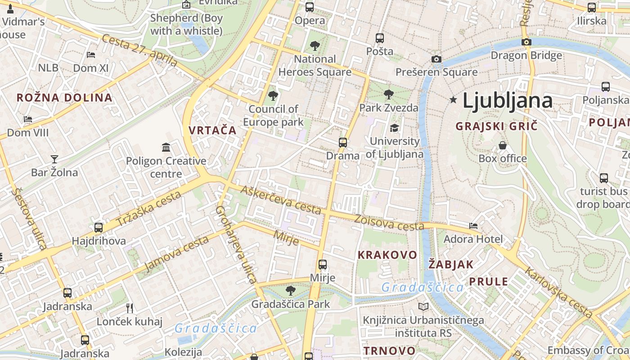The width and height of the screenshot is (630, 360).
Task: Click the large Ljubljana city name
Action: coord(507,100)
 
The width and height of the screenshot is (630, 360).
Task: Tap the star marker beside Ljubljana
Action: coord(453,100)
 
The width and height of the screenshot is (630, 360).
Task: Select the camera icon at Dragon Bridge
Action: coord(526,42)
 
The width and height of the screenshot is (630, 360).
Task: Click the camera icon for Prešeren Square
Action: coord(436,59)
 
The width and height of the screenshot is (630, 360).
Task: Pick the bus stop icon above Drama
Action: coord(343,143)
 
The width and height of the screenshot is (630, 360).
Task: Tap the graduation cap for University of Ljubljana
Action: coord(394,128)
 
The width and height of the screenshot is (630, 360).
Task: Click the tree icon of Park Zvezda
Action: coord(388,94)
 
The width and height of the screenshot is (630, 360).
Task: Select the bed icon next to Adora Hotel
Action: coord(473,226)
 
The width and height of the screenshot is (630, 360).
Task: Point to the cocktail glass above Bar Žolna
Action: coord(54,159)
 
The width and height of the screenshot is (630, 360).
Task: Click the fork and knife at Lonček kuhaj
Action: coord(130,308)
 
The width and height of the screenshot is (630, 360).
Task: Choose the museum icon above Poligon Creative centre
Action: coord(166,148)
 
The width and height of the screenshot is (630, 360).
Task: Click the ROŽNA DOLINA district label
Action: coord(64,98)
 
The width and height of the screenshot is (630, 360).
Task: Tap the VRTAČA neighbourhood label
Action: coord(212,130)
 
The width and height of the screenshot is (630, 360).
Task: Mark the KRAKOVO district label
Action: coord(387,255)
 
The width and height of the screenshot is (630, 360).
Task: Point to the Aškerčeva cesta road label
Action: coord(281,199)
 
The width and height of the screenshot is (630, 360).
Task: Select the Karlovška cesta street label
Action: coord(558,292)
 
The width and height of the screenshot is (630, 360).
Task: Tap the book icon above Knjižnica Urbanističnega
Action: coord(423,307)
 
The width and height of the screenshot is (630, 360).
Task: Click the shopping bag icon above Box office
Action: coord(503,145)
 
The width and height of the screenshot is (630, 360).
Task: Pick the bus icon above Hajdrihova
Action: coord(99,228)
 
